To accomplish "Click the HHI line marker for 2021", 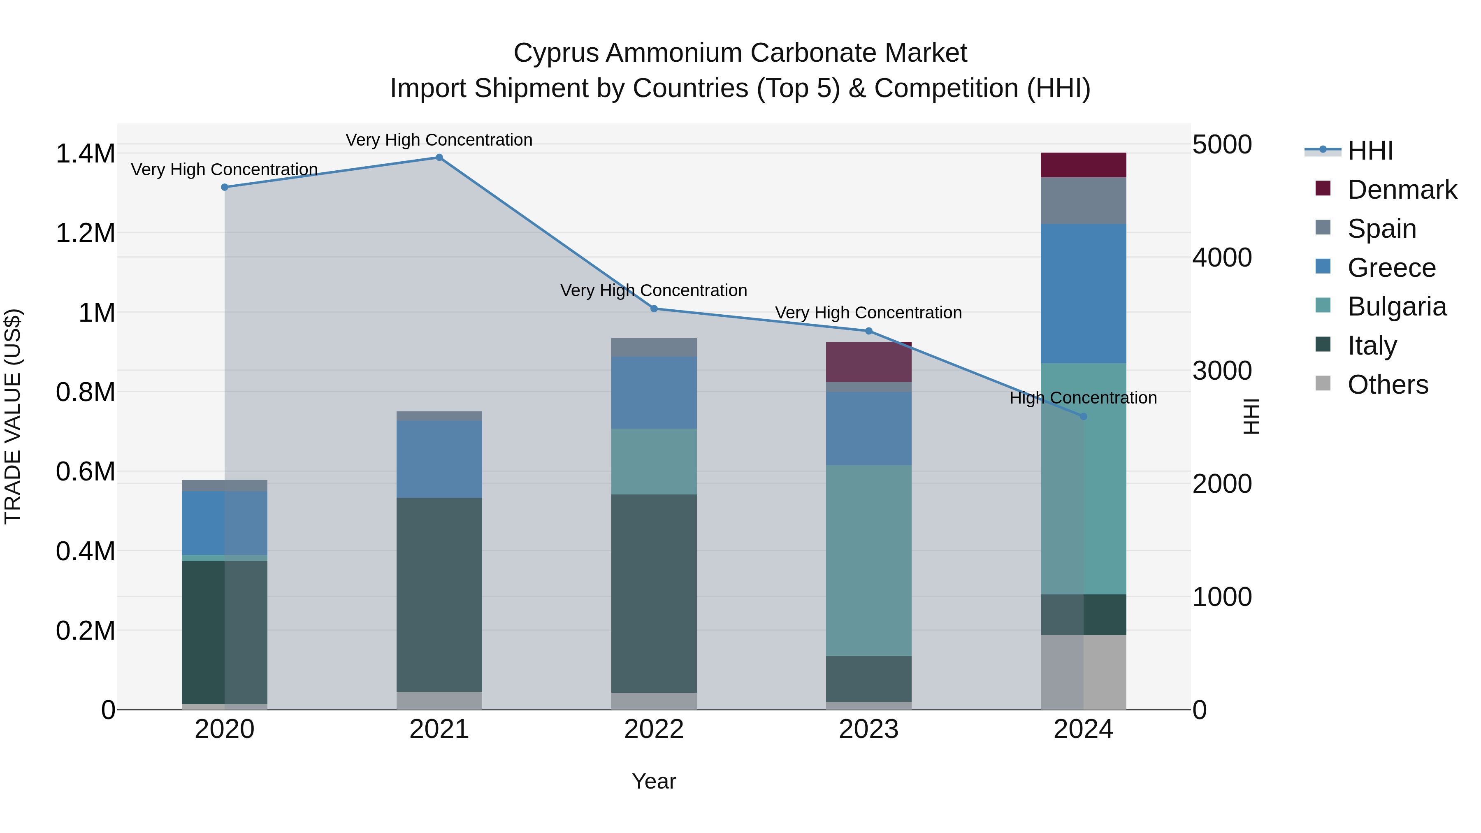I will pos(439,158).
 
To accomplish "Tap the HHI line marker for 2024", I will pos(1083,416).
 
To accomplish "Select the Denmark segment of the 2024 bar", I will pos(1083,165).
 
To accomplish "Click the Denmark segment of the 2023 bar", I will pos(868,362).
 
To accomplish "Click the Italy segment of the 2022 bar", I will pos(654,593).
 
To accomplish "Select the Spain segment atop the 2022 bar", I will pos(654,347).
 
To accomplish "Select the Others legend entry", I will pos(1387,385).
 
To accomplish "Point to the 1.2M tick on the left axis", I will pos(85,233).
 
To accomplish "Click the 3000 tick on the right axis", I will pos(1222,371).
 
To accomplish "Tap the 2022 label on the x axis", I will pos(654,729).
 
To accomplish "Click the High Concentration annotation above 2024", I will pos(1083,398).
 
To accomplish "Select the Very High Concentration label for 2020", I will pos(224,169).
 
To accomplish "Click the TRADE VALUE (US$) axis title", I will pos(13,416).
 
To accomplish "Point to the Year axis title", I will pos(654,781).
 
